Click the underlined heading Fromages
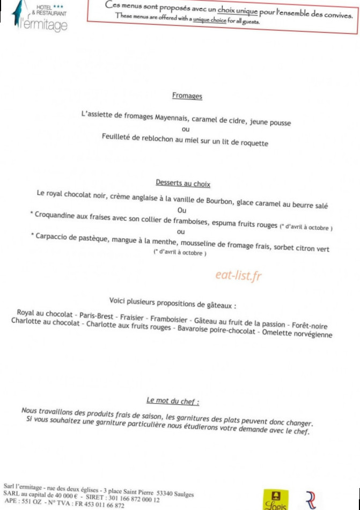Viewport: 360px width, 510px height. click(187, 96)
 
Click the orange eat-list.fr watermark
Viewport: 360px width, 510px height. click(238, 276)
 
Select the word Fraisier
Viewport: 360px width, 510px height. click(132, 317)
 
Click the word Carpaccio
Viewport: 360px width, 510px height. click(55, 237)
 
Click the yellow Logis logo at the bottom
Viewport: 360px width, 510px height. click(275, 500)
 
